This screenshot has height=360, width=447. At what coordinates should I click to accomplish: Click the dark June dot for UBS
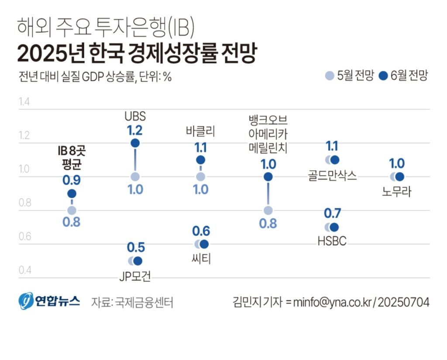[135, 143]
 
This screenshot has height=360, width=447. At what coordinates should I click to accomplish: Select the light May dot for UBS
[135, 177]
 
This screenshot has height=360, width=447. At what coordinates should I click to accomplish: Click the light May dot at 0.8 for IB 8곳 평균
[72, 210]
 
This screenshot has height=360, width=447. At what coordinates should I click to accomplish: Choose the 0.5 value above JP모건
[136, 247]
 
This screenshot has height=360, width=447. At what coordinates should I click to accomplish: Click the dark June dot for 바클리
[200, 160]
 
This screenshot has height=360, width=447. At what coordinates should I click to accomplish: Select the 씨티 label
[200, 258]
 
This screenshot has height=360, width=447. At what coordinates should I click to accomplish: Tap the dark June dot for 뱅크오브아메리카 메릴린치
[268, 177]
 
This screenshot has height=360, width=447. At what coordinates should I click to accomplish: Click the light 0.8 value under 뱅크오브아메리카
[268, 224]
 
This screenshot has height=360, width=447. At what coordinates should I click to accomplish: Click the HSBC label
[332, 241]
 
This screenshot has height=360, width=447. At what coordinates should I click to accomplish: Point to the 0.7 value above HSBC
[333, 214]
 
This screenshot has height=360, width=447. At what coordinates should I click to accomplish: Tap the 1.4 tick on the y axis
[24, 102]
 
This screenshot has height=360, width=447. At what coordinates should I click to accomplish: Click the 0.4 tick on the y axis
[24, 270]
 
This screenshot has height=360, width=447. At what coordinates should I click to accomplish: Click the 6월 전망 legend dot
[384, 76]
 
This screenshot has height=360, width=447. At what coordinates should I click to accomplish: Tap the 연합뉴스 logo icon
[26, 301]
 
